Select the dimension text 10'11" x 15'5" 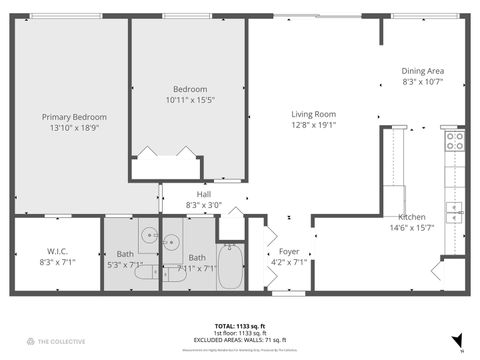click(x=189, y=100)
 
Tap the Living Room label click(x=313, y=114)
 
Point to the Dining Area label click(x=422, y=71)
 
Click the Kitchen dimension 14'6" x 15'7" click(x=412, y=228)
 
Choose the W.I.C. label click(x=56, y=251)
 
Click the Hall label click(x=204, y=194)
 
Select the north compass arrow click(x=457, y=340)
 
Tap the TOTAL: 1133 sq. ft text click(x=239, y=326)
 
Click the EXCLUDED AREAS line click(x=239, y=340)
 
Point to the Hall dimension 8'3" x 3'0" click(x=204, y=205)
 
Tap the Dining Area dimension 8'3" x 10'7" click(x=422, y=82)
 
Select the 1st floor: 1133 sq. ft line click(x=239, y=333)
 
